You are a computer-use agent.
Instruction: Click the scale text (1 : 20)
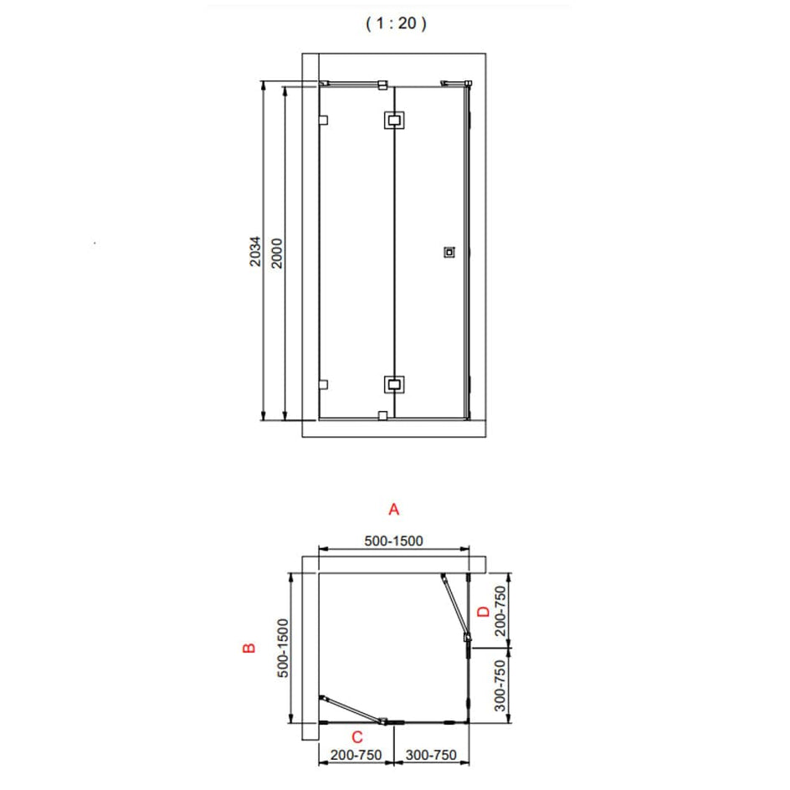396,23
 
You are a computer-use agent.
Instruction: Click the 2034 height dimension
255,251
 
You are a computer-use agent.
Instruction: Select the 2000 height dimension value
277,253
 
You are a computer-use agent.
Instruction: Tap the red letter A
394,510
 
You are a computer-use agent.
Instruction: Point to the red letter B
249,648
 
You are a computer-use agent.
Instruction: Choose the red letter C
357,737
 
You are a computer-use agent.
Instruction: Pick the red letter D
483,612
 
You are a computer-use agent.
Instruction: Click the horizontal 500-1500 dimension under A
393,541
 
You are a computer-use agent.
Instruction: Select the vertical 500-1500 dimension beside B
283,648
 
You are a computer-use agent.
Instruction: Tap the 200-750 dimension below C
356,755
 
